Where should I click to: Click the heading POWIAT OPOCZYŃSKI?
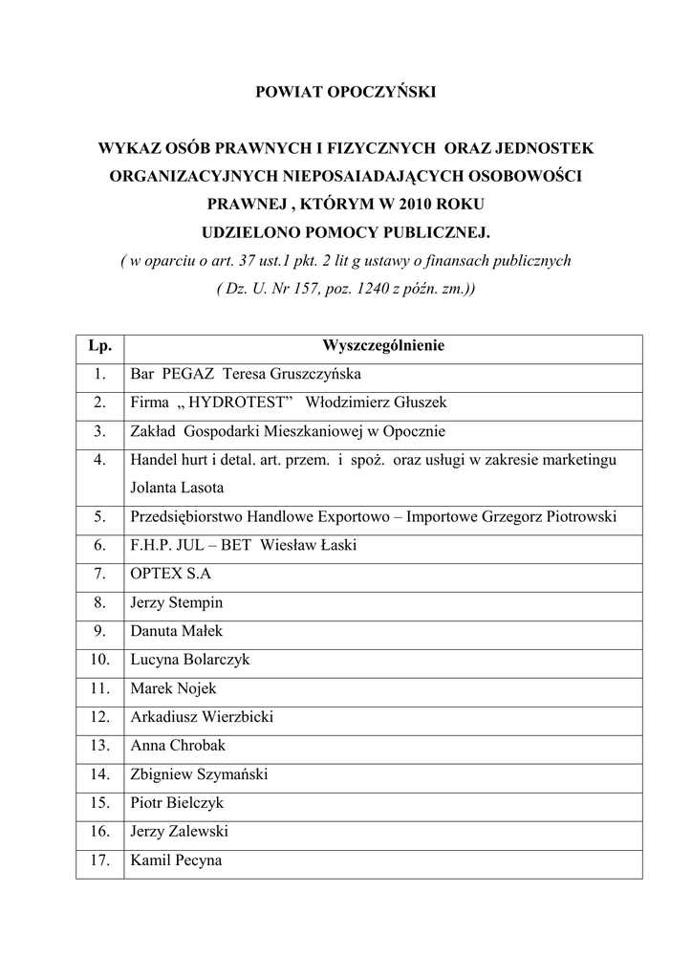[345, 93]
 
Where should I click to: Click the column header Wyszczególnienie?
[382, 345]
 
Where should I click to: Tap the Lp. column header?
[99, 345]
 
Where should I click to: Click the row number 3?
[99, 431]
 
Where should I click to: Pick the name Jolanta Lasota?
[177, 488]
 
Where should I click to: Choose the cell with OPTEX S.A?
[170, 575]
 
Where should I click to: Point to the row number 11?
[99, 689]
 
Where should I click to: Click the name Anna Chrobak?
[178, 746]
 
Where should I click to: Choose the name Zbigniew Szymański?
[199, 774]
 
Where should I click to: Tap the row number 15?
[99, 803]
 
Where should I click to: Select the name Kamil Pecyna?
[176, 860]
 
